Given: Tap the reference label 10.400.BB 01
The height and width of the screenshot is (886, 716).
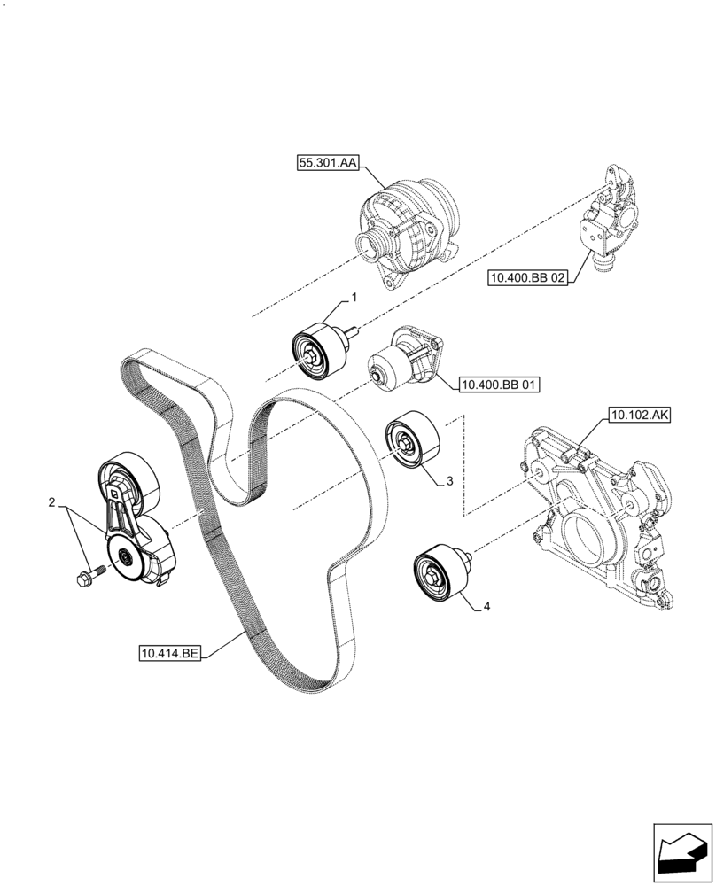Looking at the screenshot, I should (499, 385).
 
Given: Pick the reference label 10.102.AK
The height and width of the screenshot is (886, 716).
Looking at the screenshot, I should (640, 414).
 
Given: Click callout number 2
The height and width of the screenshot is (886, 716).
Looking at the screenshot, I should (52, 503).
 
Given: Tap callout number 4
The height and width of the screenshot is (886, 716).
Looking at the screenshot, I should (486, 608).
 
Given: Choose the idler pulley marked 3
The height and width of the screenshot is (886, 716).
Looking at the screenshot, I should (410, 439).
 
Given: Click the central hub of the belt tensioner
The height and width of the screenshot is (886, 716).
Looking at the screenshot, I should (122, 558).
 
